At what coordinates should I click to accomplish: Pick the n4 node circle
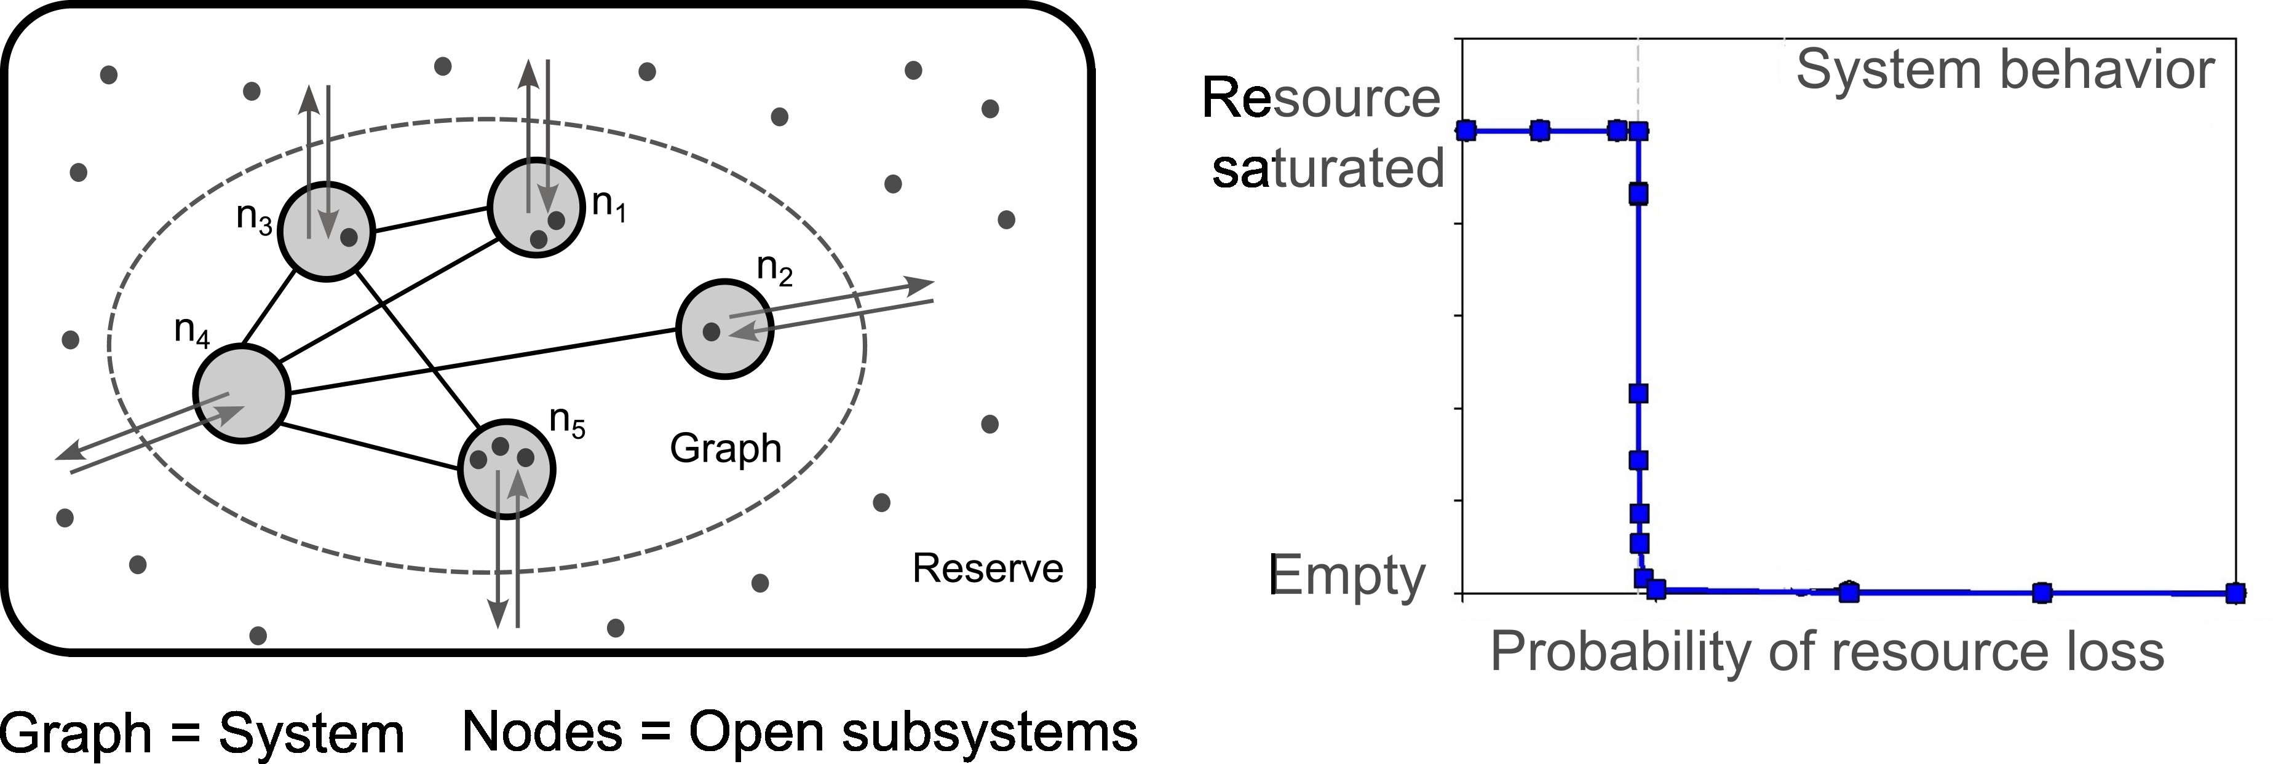pyautogui.click(x=242, y=393)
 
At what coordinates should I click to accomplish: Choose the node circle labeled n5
pyautogui.click(x=507, y=468)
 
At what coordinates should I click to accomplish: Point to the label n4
pyautogui.click(x=192, y=332)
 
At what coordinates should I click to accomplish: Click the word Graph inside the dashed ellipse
pyautogui.click(x=725, y=448)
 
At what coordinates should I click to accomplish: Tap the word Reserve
pyautogui.click(x=987, y=569)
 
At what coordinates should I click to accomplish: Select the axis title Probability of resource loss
pyautogui.click(x=1827, y=652)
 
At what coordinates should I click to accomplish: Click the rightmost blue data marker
pyautogui.click(x=2235, y=593)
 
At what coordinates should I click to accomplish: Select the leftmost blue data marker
pyautogui.click(x=1466, y=131)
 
